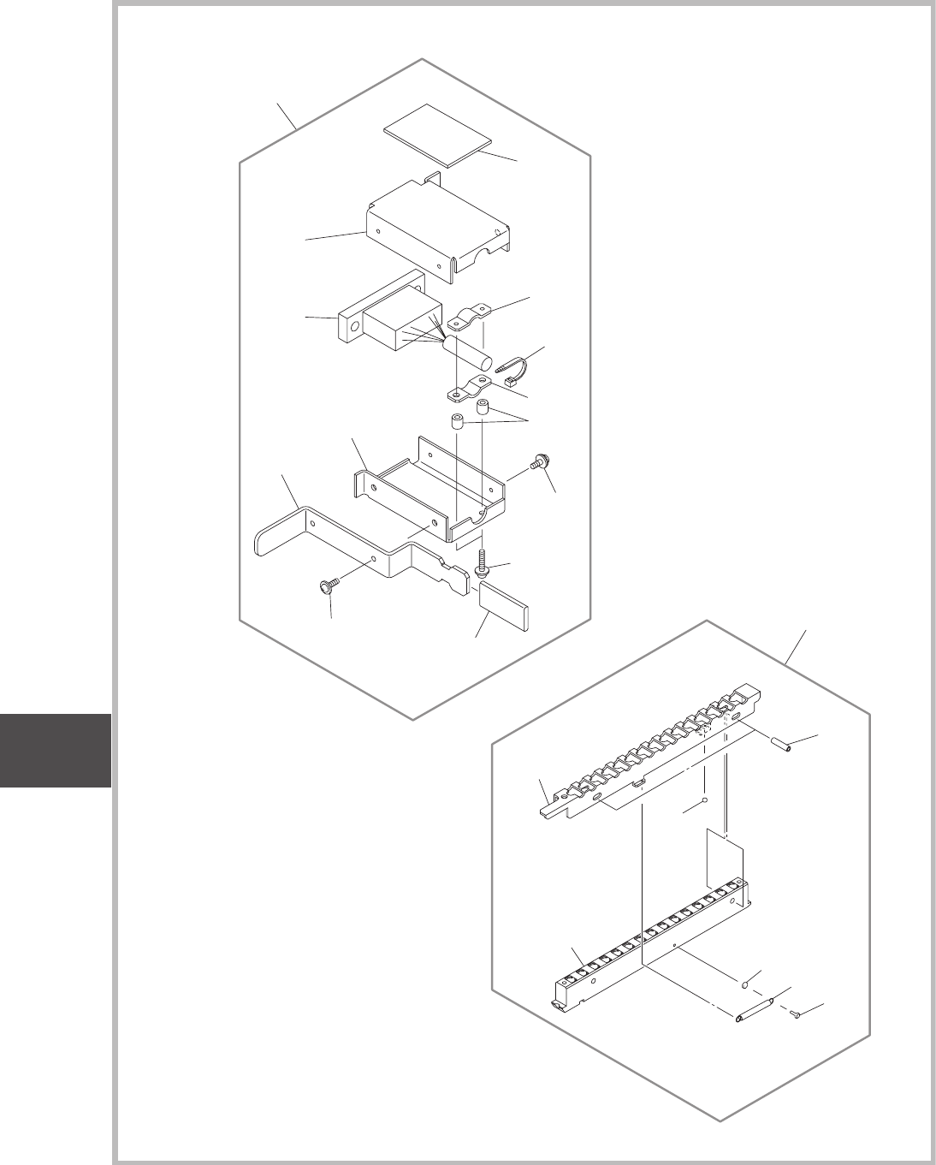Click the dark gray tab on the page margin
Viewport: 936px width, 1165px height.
coord(56,750)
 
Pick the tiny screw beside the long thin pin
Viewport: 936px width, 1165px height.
coord(797,1014)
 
